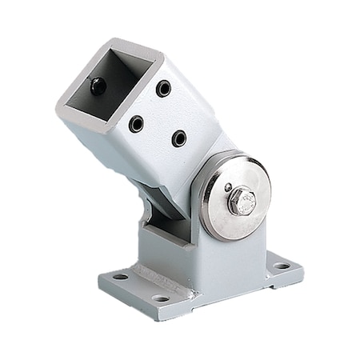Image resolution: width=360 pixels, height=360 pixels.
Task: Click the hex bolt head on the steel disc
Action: coord(242,202)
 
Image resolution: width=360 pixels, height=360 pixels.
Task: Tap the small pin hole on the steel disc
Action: coord(228,187)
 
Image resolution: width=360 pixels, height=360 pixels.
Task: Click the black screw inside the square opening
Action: coord(98,86)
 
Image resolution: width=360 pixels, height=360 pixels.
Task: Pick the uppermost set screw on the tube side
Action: coord(164,88)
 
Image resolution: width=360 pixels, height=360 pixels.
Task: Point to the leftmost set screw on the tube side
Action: coord(136,124)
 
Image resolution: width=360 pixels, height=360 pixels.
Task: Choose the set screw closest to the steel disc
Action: coord(179,138)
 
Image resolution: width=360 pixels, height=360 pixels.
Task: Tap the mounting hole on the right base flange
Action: coord(282,266)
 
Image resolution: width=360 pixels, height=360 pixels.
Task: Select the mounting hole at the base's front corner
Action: coord(160,298)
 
